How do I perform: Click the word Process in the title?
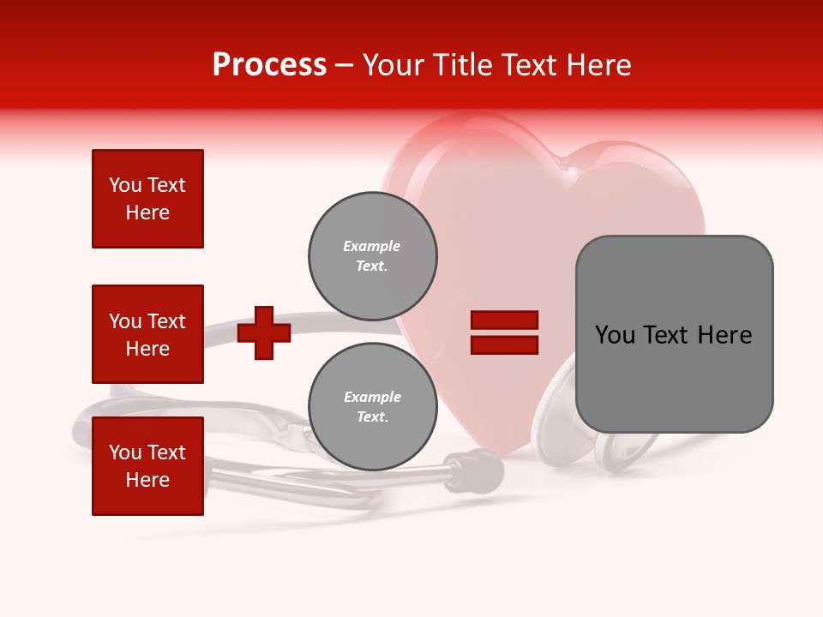[x=269, y=65]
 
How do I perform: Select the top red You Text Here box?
[x=147, y=199]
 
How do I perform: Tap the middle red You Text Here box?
[x=147, y=334]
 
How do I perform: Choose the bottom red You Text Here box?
[x=147, y=466]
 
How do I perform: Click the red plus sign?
[x=264, y=332]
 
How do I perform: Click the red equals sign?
[x=504, y=332]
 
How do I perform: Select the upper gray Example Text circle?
[x=373, y=256]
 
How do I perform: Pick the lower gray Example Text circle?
[x=373, y=407]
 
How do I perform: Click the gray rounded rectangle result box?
[x=674, y=334]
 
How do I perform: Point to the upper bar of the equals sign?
[x=504, y=320]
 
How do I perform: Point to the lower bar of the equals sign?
[x=504, y=345]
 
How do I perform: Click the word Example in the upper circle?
[x=371, y=246]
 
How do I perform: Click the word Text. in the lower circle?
[x=372, y=417]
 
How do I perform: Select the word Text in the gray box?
[x=669, y=335]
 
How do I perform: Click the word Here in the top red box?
[x=147, y=213]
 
